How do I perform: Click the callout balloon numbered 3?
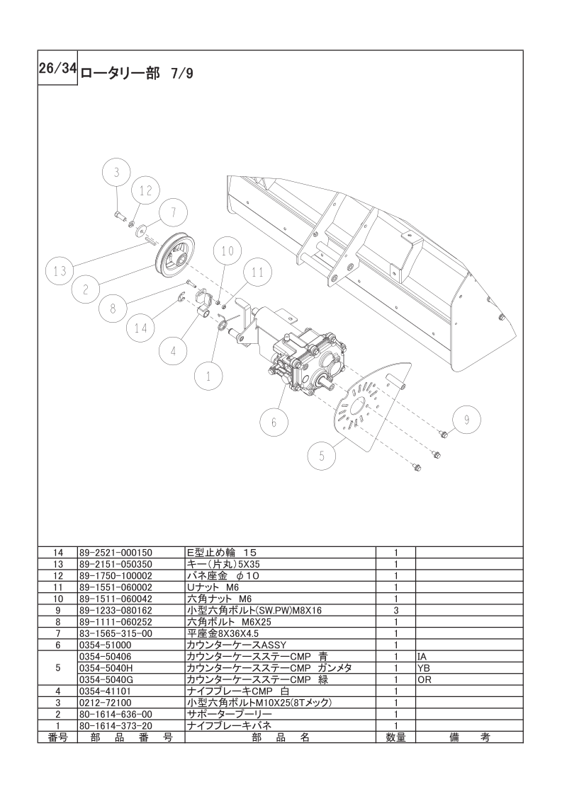coord(118,172)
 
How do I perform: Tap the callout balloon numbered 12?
coord(145,190)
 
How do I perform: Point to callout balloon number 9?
coord(466,420)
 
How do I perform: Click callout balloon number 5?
coord(322,456)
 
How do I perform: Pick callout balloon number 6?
coord(274,422)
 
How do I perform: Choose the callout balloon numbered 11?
coord(257,272)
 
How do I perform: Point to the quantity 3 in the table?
coord(395,610)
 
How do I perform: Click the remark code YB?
coord(424,668)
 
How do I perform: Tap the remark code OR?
coord(425,679)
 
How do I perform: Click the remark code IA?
coord(422,657)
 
